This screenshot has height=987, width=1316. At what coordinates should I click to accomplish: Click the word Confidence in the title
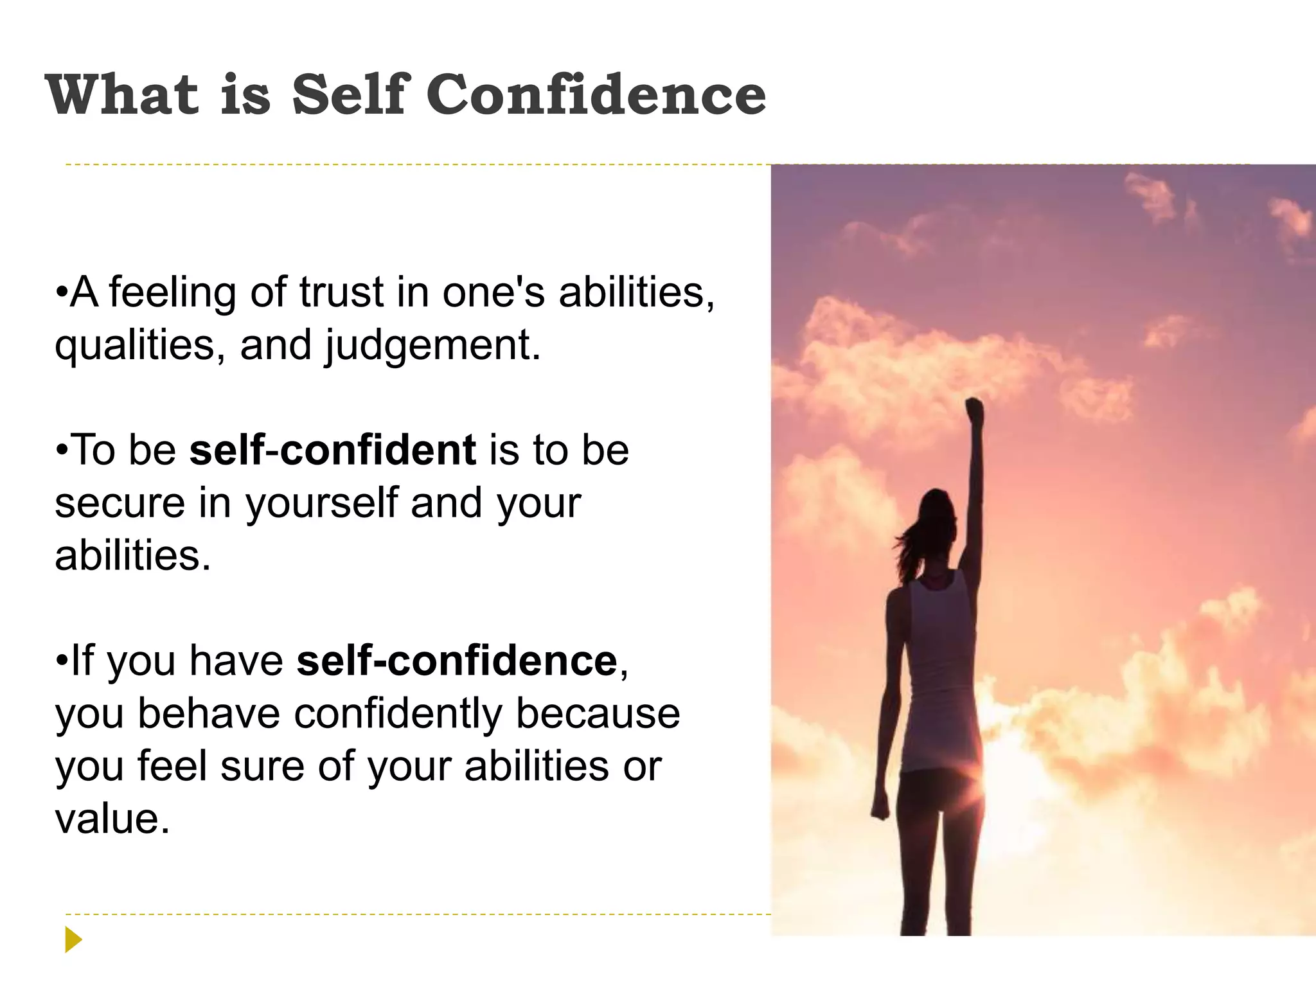[x=596, y=95]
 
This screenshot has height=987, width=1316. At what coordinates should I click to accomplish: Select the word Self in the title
[x=351, y=95]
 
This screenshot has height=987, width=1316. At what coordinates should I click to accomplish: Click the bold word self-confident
[x=332, y=450]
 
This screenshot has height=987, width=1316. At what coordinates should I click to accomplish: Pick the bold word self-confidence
[x=457, y=661]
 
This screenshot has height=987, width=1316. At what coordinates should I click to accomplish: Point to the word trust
[x=342, y=292]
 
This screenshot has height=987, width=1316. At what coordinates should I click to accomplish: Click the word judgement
[x=432, y=346]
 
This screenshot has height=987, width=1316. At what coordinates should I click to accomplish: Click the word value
[x=112, y=819]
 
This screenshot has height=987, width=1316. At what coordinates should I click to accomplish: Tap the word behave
[x=209, y=714]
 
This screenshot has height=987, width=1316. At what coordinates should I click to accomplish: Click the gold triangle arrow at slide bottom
[x=73, y=940]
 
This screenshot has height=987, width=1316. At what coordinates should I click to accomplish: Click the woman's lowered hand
[x=880, y=806]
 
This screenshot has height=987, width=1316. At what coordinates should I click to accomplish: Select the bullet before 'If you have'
[x=62, y=661]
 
